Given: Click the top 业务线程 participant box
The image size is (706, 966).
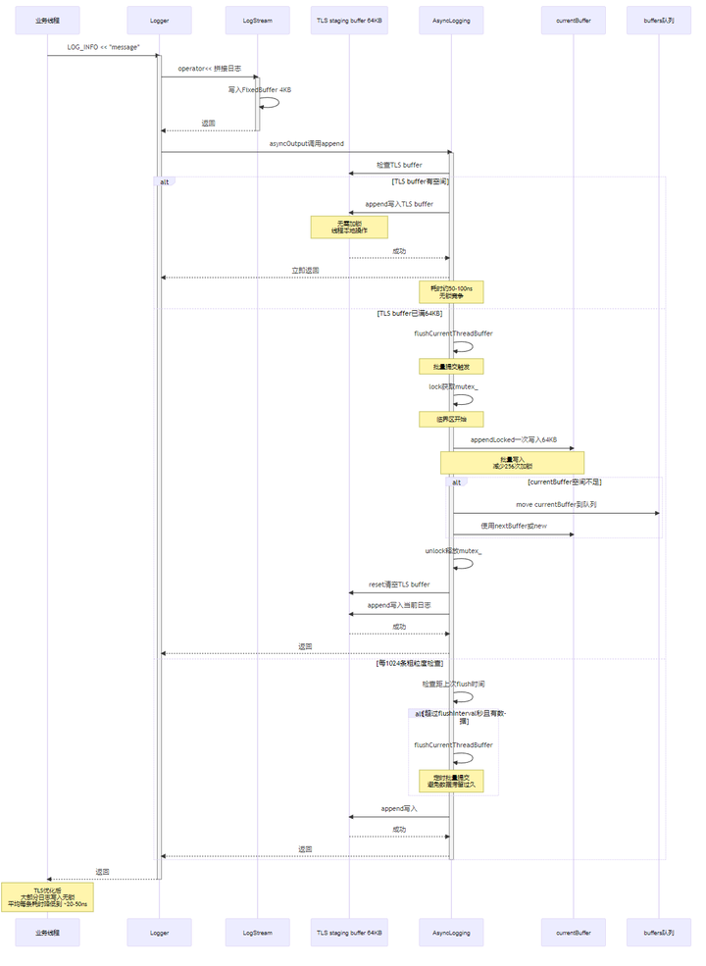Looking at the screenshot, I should pos(47,20).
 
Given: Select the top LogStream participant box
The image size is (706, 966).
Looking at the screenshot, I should pos(257,20).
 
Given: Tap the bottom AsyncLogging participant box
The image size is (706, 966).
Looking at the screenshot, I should pos(451,933).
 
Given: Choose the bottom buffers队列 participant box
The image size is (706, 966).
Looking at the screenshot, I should pos(659,933).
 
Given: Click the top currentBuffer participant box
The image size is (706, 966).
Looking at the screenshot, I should pos(574,20).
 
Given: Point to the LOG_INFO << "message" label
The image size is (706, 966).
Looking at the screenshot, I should pos(103,47).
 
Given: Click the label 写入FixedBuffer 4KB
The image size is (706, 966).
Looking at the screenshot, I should pos(260,89).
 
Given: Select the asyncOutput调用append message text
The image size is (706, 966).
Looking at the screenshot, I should pos(306,143).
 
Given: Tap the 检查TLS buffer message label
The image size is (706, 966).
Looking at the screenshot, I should pos(399,165).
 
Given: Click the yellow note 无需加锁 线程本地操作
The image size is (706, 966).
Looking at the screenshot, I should pos(349,228).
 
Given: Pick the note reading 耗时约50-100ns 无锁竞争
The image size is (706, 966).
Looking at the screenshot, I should pos(451,291).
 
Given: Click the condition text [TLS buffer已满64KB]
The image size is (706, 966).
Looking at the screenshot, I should pos(409,314).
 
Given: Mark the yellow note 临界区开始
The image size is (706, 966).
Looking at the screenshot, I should pos(451,419).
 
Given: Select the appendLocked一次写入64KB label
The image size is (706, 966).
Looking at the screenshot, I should pos(513,440).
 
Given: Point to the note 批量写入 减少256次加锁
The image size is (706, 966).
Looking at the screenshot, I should pos(512,462).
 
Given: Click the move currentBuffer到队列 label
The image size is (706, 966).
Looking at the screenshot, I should pos(556,504).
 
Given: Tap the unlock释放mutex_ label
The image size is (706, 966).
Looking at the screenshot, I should pos(453,551).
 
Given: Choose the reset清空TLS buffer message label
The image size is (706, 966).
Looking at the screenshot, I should pos(399,585).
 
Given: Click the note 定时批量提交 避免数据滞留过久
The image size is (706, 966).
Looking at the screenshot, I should pos(451,781).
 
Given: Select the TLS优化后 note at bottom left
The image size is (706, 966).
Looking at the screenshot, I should pos(47,896).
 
